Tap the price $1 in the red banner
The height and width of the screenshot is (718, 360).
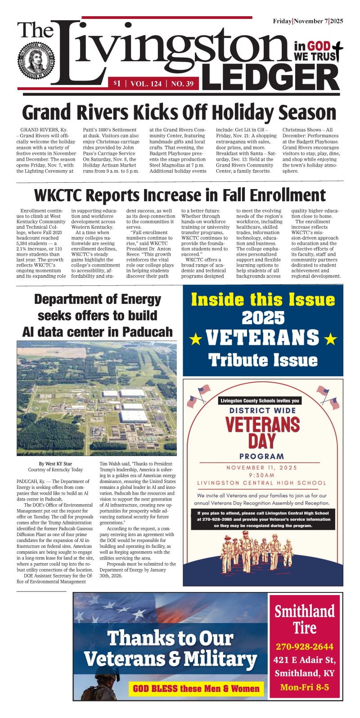tap(117, 83)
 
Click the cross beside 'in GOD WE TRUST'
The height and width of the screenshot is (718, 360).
tap(335, 50)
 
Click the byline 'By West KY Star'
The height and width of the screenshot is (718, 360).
tap(55, 463)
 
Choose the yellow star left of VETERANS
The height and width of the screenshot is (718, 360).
tap(195, 339)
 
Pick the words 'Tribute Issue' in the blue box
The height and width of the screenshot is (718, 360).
tap(263, 360)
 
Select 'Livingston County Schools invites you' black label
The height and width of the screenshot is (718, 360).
tap(260, 401)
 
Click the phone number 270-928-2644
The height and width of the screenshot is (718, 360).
tap(305, 647)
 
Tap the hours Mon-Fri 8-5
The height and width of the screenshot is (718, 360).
tap(305, 687)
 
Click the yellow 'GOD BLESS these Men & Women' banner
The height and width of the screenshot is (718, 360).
tap(196, 688)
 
